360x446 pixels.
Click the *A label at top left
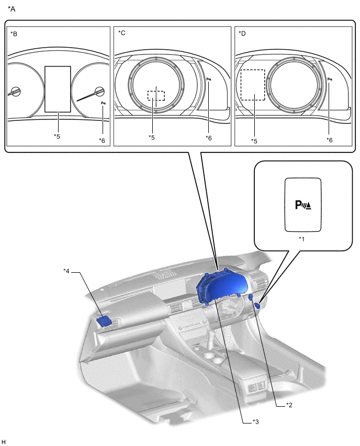12,9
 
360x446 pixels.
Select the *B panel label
14,34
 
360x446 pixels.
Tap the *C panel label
122,34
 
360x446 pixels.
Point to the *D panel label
242,34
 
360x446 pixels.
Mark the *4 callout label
66,271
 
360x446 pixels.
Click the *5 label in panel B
57,137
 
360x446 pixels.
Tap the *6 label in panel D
329,140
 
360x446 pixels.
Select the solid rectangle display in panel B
58,89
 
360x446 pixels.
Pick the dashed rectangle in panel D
252,85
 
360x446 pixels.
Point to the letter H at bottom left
4,442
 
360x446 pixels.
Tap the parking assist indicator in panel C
209,80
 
